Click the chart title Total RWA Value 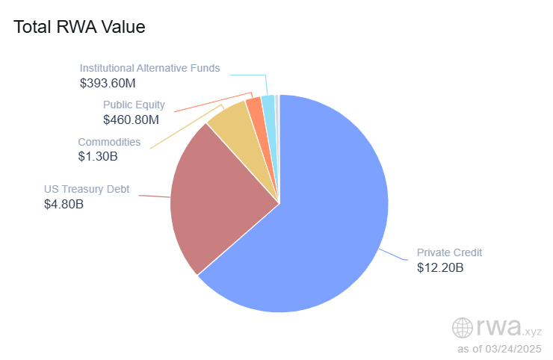click(79, 27)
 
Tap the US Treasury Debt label click(87, 189)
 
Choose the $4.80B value click(64, 203)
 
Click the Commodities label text click(109, 142)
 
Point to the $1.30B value click(98, 156)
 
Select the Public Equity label click(134, 105)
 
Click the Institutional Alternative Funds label click(149, 68)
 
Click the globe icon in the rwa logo click(463, 328)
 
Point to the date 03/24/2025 click(515, 349)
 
